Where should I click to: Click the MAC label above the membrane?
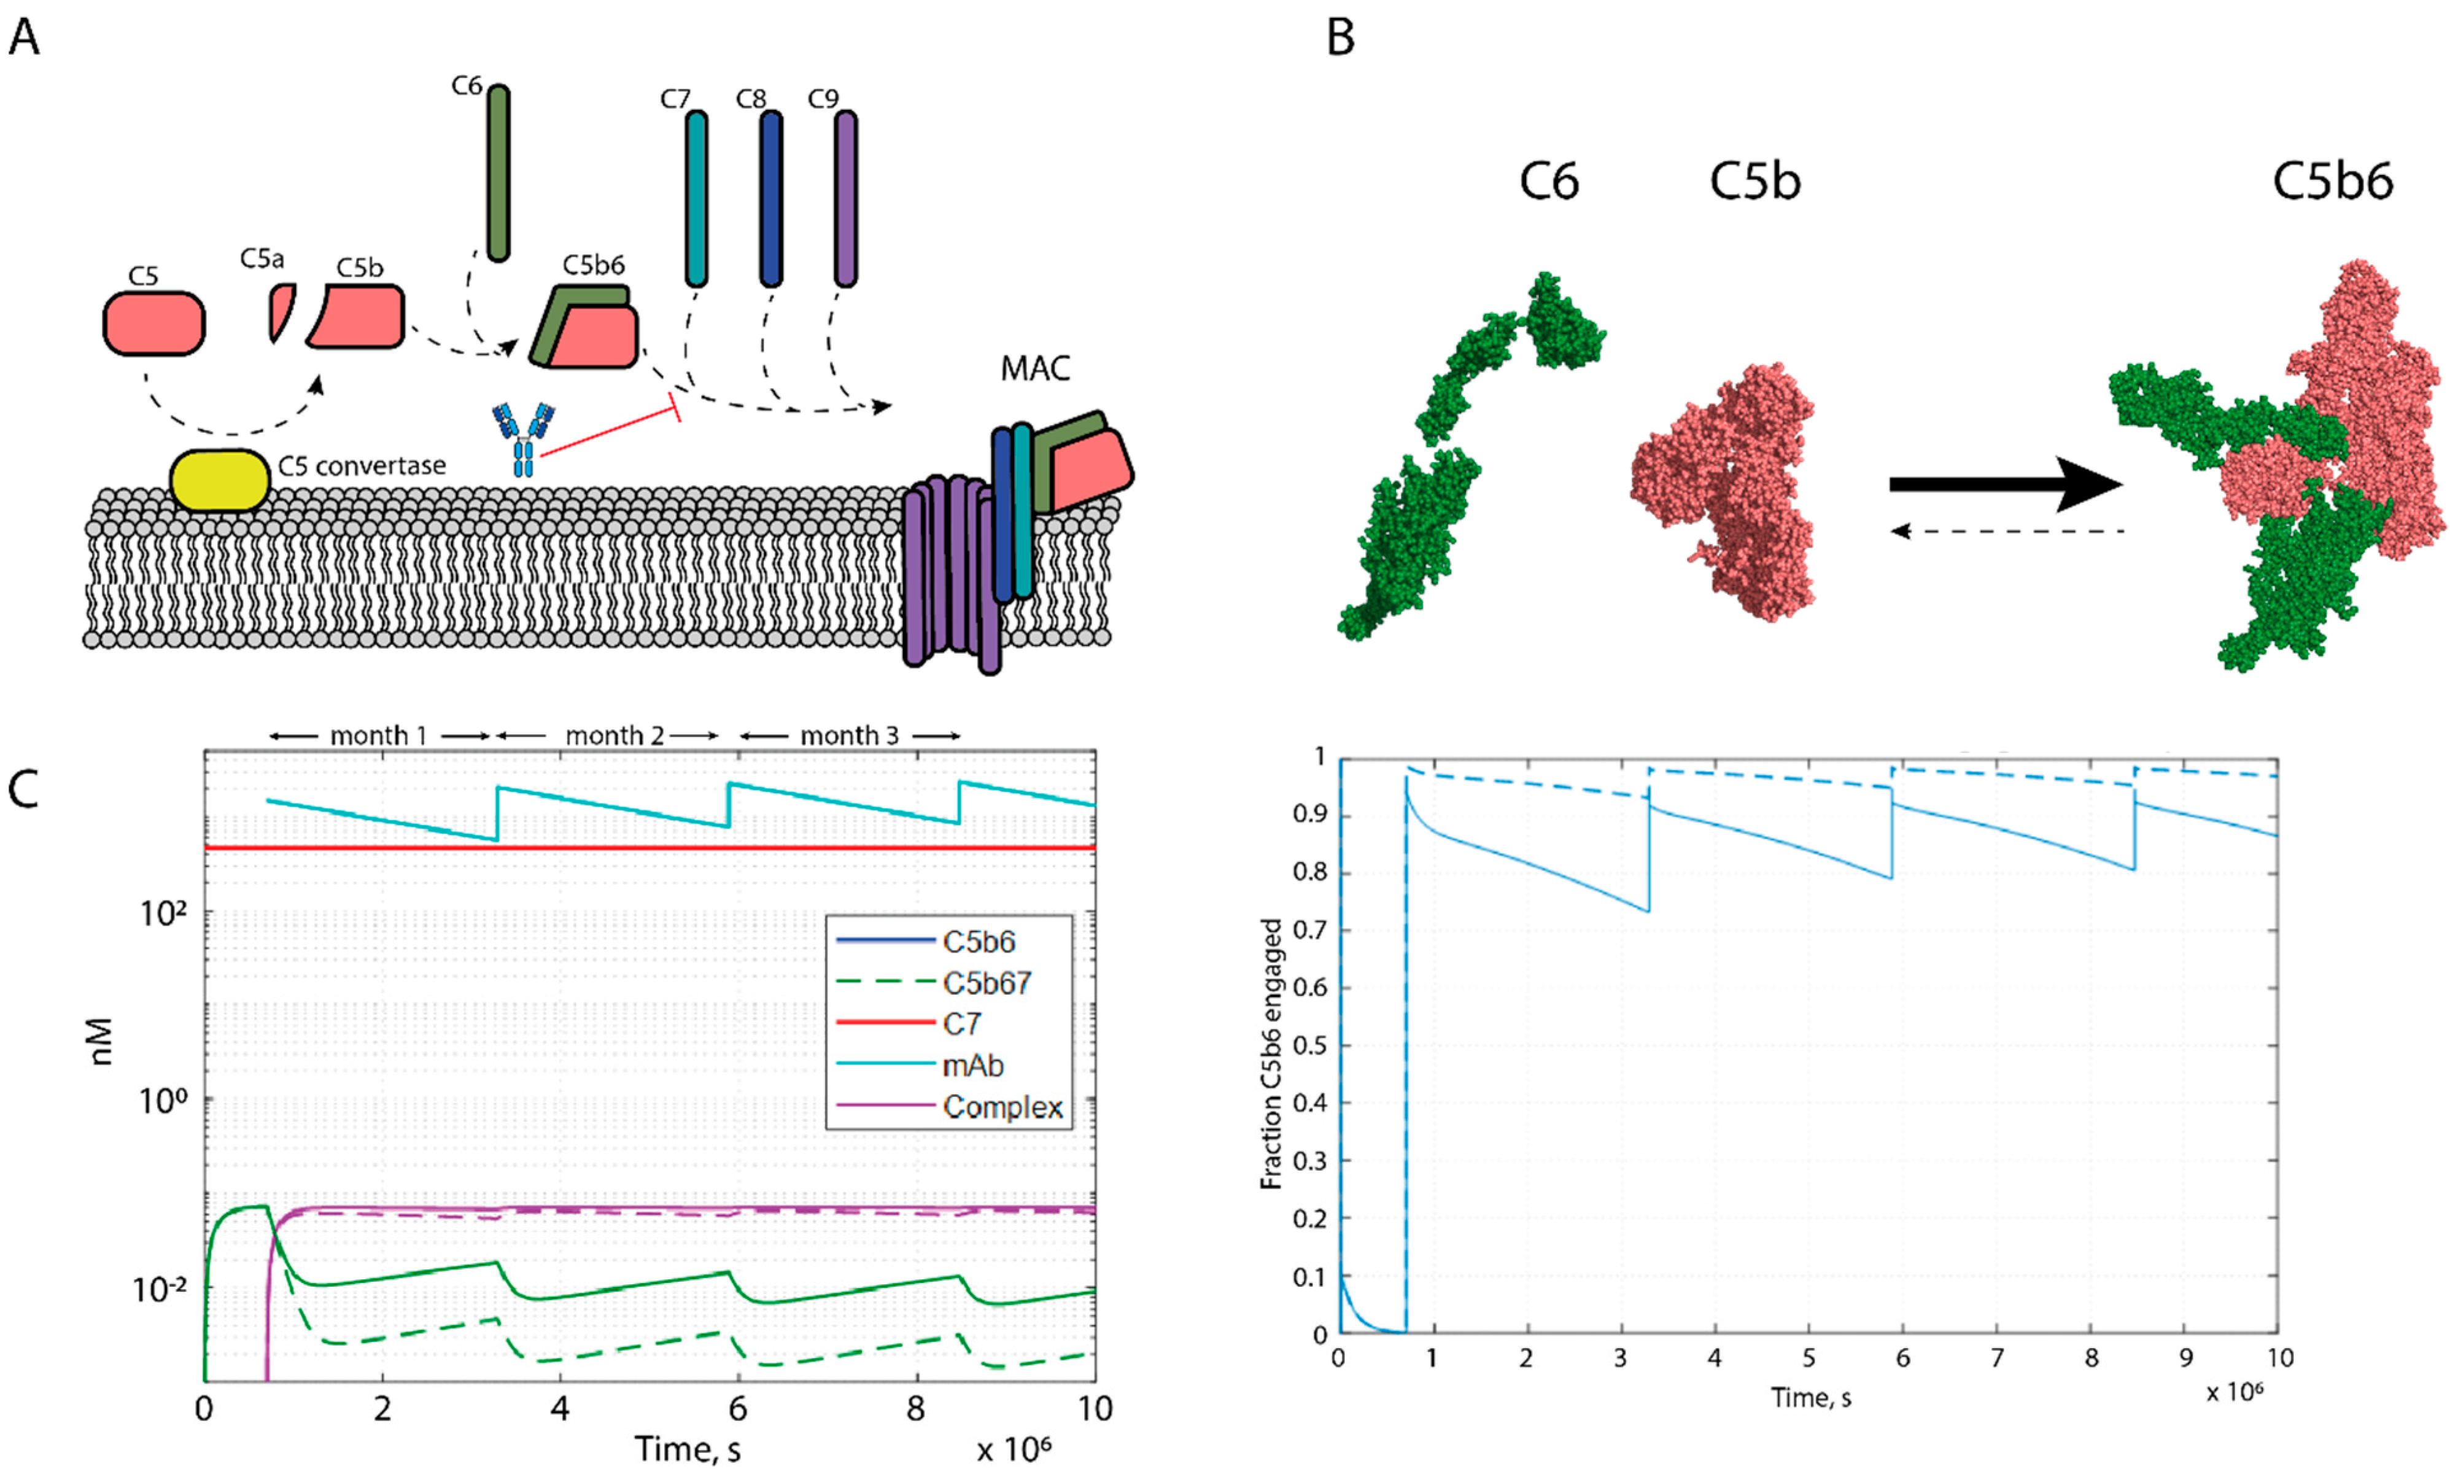coord(1034,369)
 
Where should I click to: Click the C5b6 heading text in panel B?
coord(2332,182)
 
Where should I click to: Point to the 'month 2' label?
coord(613,736)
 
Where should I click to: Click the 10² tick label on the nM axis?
coord(163,913)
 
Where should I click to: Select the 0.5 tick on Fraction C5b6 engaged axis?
coord(1309,1046)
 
